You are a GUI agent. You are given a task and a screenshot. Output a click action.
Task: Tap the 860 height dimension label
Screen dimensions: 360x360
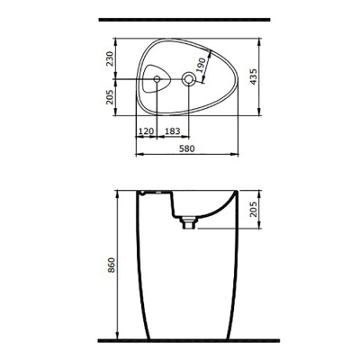tap(107, 265)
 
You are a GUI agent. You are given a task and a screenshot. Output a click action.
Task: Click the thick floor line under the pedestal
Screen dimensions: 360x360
tap(180, 342)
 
